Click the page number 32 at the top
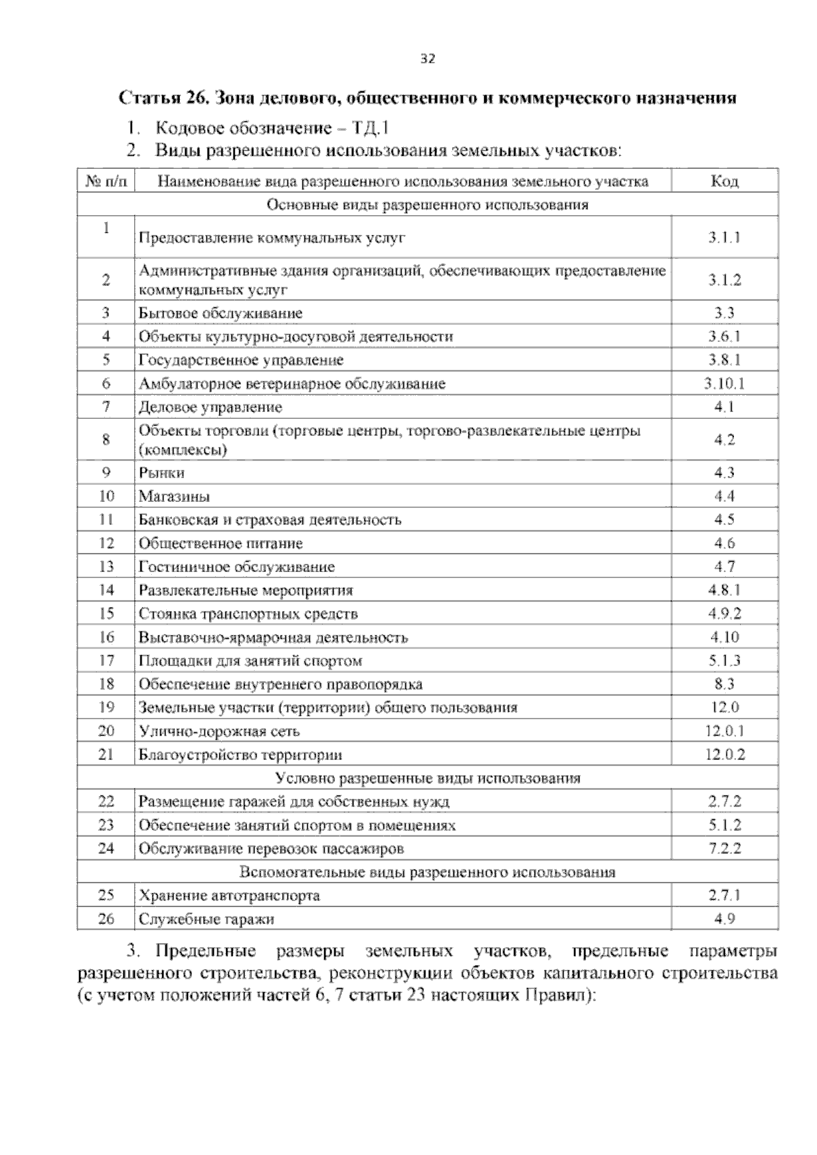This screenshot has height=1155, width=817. (427, 59)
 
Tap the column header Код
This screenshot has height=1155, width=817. (724, 181)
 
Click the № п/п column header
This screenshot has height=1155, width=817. (106, 181)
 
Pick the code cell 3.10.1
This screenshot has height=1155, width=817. (724, 383)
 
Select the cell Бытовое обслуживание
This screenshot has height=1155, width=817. (221, 313)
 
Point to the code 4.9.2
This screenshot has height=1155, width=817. (724, 614)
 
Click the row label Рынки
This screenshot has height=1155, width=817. (162, 473)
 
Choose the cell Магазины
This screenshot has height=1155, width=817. (174, 496)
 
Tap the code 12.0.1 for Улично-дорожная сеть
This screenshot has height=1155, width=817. (724, 731)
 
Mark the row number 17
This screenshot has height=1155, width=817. (106, 661)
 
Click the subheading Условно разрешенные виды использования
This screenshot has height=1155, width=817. (428, 778)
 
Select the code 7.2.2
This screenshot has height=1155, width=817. (724, 849)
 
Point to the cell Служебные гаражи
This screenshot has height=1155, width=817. (206, 919)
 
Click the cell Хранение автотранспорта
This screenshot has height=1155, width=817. (229, 896)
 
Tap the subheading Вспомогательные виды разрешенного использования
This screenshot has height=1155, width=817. (428, 872)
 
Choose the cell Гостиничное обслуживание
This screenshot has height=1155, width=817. (237, 567)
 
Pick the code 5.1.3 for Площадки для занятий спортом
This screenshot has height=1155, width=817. (724, 661)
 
